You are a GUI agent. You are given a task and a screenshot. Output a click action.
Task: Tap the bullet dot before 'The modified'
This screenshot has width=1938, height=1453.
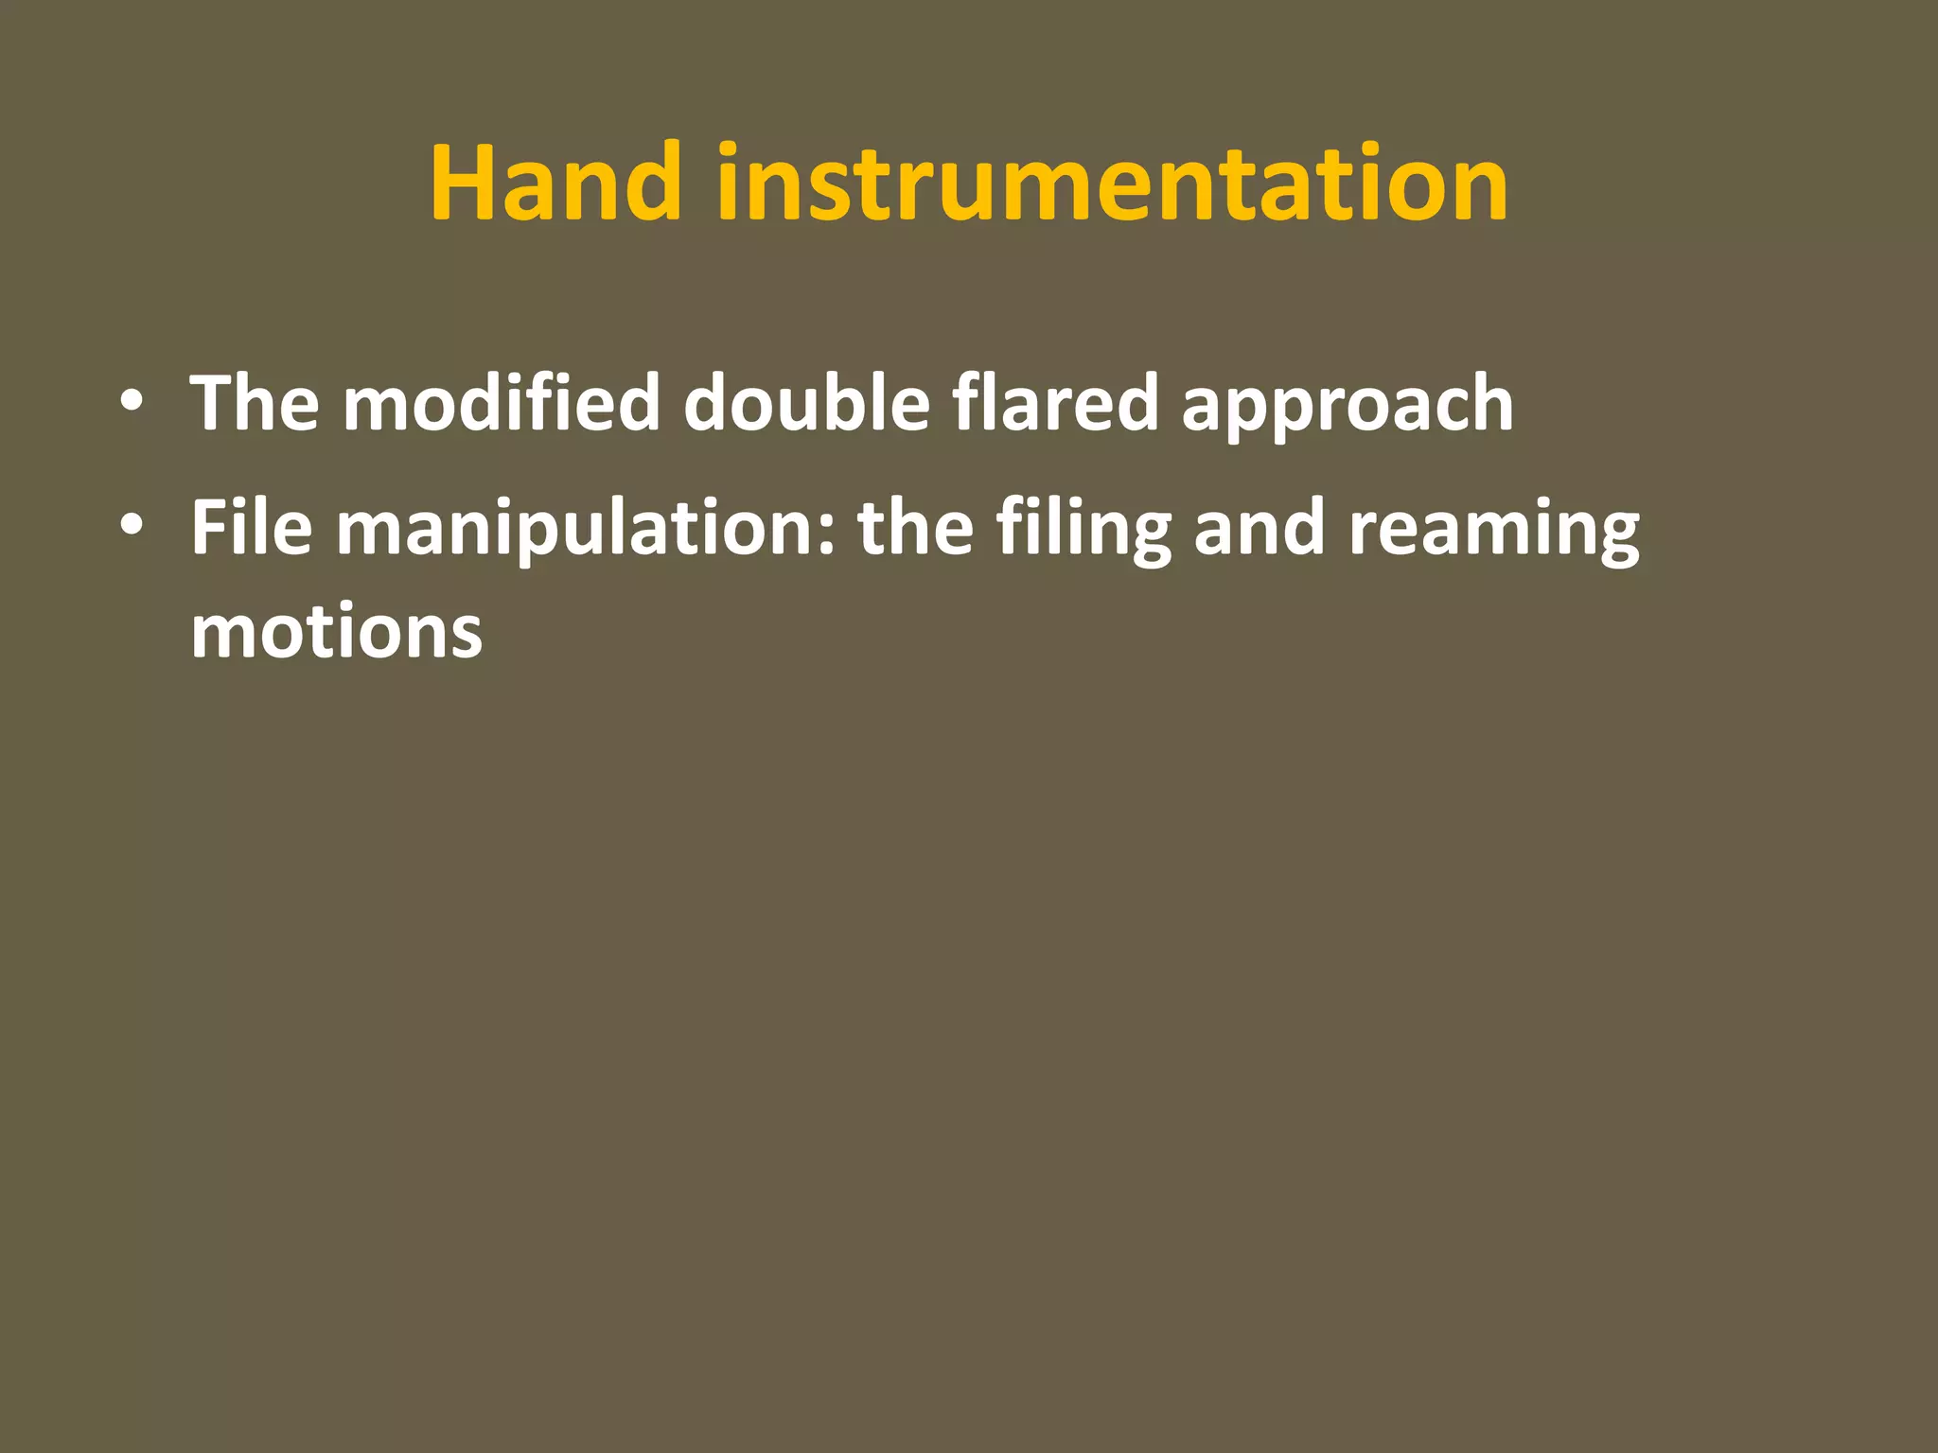[x=132, y=401]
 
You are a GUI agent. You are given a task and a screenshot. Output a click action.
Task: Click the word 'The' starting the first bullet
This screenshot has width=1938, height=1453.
[x=255, y=403]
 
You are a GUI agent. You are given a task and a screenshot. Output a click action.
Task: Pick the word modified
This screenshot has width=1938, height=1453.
[x=501, y=403]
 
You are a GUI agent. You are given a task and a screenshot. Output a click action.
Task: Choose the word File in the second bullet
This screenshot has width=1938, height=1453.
[x=251, y=527]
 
